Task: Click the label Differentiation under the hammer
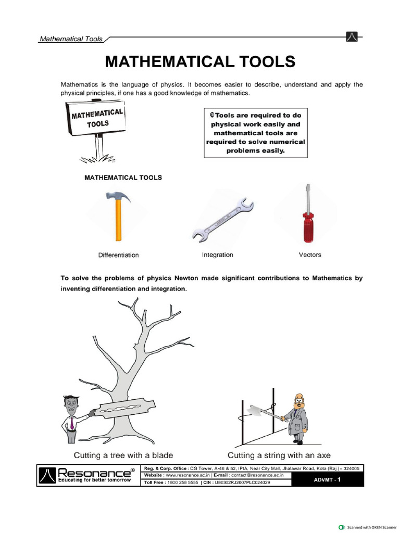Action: (x=118, y=255)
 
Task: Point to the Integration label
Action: (x=217, y=255)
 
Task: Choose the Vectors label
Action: (x=309, y=255)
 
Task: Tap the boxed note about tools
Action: (x=255, y=133)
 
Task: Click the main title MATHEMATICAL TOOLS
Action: (x=200, y=62)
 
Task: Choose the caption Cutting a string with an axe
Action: (x=279, y=454)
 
